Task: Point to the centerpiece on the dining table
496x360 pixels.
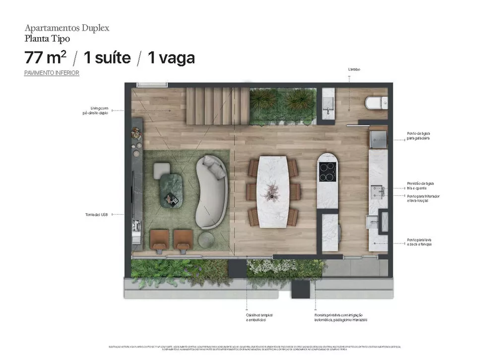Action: [271, 190]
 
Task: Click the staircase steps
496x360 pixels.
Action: [217, 106]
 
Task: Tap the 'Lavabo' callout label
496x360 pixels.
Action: [354, 69]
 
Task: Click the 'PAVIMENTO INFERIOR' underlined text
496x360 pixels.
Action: [52, 73]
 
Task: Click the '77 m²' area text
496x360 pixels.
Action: [45, 58]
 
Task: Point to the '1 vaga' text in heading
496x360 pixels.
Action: [171, 58]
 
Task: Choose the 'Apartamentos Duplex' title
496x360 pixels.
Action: [66, 28]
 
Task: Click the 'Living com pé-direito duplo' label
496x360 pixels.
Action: [96, 110]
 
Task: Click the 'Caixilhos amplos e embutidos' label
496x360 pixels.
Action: [259, 317]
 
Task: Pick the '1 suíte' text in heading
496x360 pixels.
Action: [107, 58]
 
